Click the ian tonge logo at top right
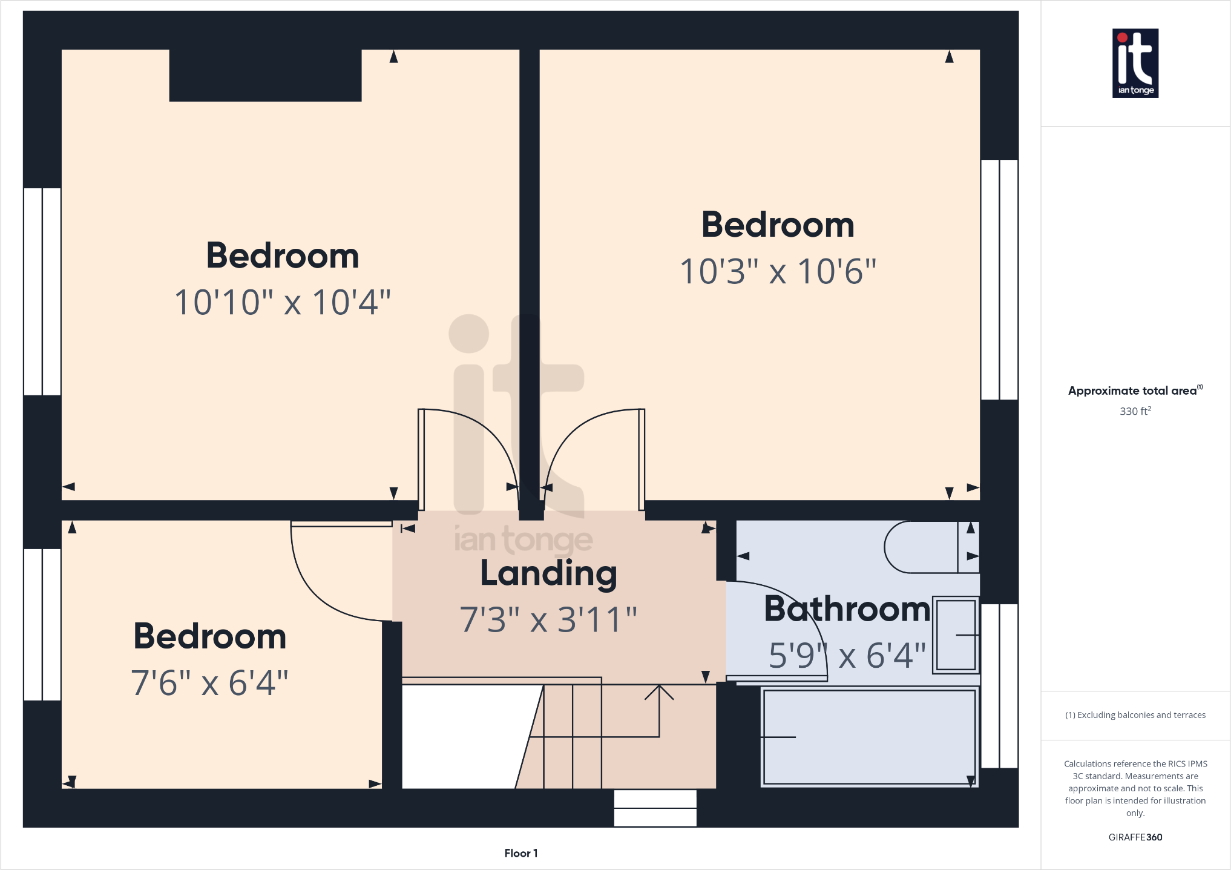pos(1135,63)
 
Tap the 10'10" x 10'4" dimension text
pos(283,302)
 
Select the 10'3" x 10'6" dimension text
pos(778,271)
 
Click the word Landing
pos(548,573)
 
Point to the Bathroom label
pos(847,608)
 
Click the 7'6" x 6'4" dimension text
pos(209,683)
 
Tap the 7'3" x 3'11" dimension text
pos(548,619)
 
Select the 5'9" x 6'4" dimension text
pos(847,655)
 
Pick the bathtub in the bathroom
pos(869,737)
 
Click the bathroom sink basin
pos(956,634)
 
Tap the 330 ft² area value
pos(1135,411)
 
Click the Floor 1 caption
pos(520,853)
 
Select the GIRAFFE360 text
pos(1135,837)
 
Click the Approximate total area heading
pos(1135,391)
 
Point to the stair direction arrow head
pos(659,691)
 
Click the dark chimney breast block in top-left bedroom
pos(265,75)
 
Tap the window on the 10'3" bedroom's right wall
pos(999,280)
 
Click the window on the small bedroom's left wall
pos(42,624)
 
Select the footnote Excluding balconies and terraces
pos(1135,715)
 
